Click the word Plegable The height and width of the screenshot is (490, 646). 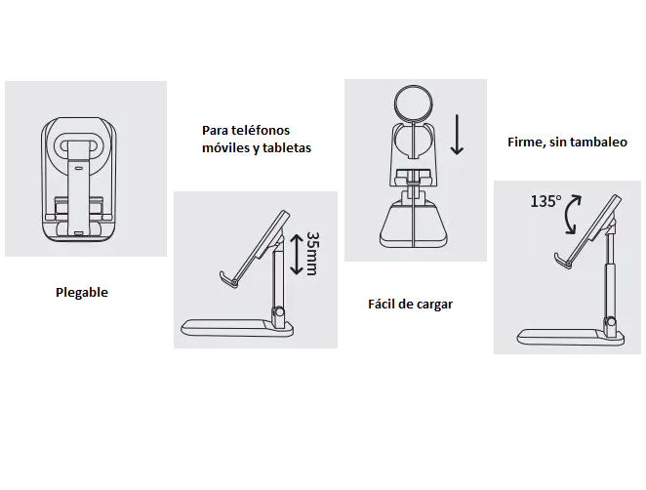click(x=82, y=293)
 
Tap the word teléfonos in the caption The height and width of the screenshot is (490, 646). click(x=261, y=130)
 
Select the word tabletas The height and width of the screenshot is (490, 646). click(x=287, y=147)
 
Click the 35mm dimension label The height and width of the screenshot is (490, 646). click(x=313, y=254)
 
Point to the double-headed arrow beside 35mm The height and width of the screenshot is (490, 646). click(x=297, y=254)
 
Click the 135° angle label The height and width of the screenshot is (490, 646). click(x=545, y=201)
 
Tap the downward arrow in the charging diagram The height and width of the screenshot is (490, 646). click(x=457, y=135)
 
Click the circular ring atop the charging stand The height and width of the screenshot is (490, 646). click(x=413, y=103)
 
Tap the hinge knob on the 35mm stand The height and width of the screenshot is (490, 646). click(x=279, y=312)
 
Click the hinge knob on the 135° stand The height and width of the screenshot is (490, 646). click(x=611, y=323)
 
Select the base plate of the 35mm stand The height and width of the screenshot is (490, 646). click(x=238, y=328)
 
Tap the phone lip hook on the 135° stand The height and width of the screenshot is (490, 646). click(x=561, y=261)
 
